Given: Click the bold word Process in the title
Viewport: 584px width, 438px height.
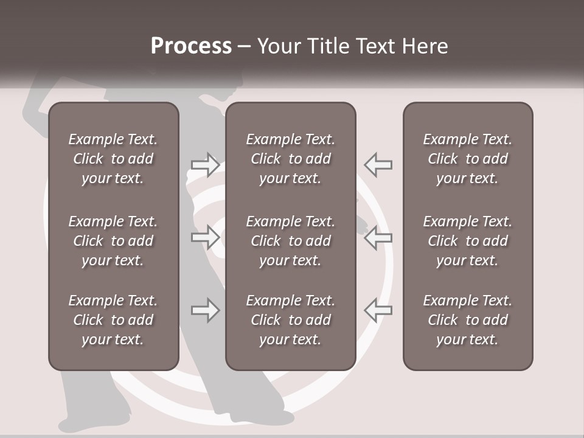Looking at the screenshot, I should (191, 46).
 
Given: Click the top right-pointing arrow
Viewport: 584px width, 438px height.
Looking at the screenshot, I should (205, 164).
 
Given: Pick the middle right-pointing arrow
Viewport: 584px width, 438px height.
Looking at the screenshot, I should (205, 237).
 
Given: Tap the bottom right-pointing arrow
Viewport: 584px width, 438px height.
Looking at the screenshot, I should (205, 310).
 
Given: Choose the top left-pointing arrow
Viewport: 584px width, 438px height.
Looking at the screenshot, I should (378, 164).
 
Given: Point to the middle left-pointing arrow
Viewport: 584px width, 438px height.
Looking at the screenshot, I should (378, 237).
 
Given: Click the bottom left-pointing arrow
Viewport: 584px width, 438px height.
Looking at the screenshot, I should (378, 310).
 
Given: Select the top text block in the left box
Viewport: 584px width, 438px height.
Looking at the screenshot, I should (113, 159).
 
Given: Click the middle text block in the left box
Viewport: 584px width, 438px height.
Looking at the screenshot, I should (113, 241).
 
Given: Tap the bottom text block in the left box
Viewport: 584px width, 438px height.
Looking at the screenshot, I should (113, 320).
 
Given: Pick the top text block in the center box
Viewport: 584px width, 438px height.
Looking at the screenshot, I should (290, 159).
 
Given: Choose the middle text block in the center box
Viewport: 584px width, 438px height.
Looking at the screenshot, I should (290, 241).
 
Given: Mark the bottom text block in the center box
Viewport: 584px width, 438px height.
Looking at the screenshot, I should (290, 320).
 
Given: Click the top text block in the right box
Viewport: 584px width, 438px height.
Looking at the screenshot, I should (467, 159).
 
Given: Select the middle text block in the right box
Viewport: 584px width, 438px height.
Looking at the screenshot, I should (467, 241).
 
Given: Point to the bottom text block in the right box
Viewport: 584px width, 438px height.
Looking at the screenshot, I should (467, 320).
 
